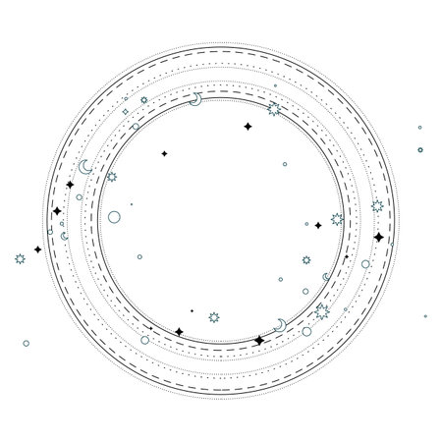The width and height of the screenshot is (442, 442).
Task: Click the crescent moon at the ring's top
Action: [x=196, y=100]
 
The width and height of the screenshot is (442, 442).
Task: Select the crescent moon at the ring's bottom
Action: [x=281, y=324]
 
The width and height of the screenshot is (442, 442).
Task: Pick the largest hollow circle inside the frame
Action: [x=115, y=216]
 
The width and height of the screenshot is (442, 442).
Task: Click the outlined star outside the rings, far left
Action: [x=20, y=258]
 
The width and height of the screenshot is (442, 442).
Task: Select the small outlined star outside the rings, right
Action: [x=420, y=149]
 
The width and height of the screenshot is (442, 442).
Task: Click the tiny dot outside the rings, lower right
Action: [x=424, y=316]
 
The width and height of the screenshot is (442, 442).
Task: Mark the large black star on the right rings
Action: [x=379, y=237]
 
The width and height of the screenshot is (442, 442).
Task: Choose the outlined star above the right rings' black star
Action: [x=377, y=206]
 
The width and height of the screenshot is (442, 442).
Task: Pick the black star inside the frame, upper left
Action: [x=164, y=153]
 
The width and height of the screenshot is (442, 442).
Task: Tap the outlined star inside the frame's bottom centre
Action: [x=215, y=317]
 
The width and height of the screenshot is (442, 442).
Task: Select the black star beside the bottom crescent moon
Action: [x=258, y=341]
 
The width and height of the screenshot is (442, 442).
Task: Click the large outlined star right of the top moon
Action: [x=274, y=110]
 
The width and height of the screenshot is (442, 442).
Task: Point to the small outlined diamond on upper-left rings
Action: [x=126, y=112]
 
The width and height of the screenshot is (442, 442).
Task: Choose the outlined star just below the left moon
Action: [x=111, y=177]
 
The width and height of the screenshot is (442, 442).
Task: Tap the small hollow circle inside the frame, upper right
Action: [x=285, y=165]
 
